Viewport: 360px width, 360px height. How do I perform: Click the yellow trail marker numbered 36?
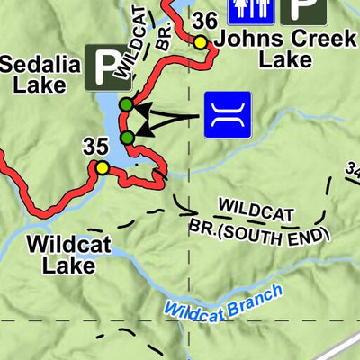[x=200, y=41]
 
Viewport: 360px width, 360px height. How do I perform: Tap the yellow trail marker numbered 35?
[x=102, y=167]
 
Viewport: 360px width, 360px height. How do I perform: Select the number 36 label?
[x=204, y=22]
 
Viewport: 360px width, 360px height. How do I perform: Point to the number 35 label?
[x=94, y=147]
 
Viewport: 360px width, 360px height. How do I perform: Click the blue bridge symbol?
[x=228, y=114]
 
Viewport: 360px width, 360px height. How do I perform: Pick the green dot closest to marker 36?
[x=126, y=105]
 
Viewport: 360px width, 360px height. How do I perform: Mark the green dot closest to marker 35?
[x=127, y=137]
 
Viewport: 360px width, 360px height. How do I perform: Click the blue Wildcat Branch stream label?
[x=224, y=301]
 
